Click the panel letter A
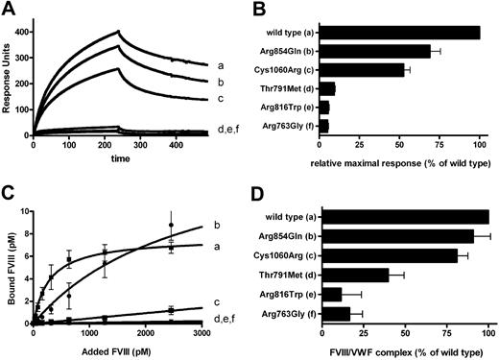coord(10,9)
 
